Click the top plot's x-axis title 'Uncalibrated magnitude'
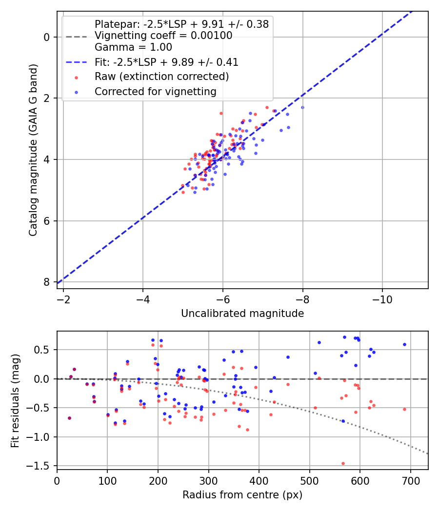(x=242, y=314)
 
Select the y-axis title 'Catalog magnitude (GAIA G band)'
(x=33, y=150)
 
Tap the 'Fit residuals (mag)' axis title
(x=15, y=401)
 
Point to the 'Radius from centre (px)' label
(x=242, y=495)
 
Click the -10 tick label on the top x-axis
(x=382, y=299)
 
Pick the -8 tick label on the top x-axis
(x=302, y=299)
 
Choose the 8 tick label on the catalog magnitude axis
(x=47, y=282)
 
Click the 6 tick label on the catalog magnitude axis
(x=47, y=221)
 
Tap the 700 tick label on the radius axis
(x=410, y=481)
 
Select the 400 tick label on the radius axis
(x=259, y=481)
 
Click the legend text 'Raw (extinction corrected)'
(x=161, y=77)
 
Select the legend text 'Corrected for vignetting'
(x=156, y=92)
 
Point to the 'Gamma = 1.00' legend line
(x=133, y=47)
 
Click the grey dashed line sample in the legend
(x=77, y=37)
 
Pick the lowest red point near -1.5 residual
(x=343, y=463)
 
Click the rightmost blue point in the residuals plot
(x=404, y=344)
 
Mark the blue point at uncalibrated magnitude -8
(x=302, y=107)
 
